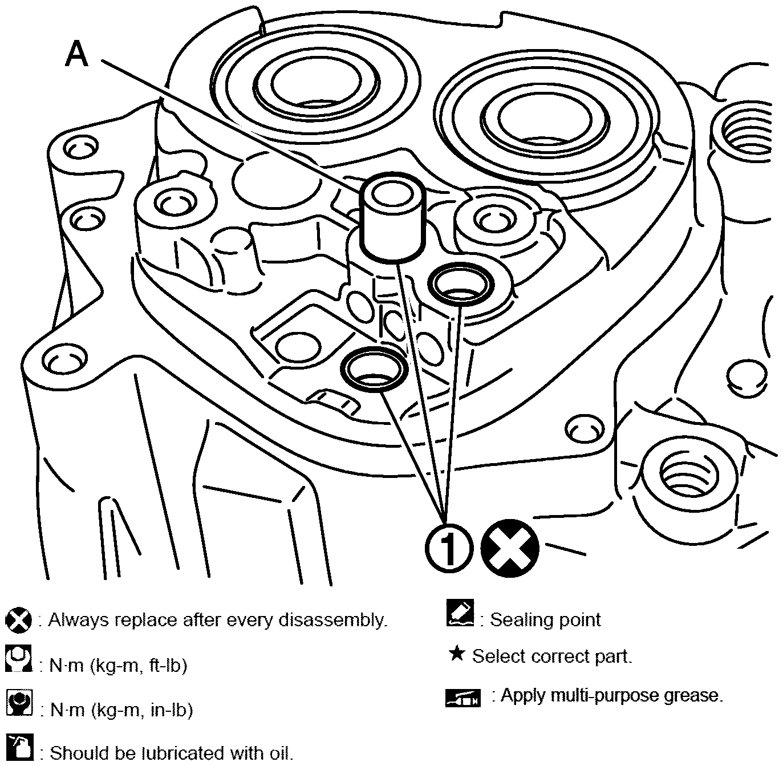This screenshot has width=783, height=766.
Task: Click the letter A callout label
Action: point(77,55)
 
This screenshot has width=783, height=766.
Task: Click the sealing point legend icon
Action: point(460,614)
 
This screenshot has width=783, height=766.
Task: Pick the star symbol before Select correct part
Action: point(456,654)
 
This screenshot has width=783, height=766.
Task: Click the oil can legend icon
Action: point(19,747)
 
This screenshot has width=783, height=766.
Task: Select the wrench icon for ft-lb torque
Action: point(19,659)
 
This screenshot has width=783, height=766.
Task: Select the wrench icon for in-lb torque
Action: point(19,703)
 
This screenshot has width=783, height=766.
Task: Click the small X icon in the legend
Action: point(18,620)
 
